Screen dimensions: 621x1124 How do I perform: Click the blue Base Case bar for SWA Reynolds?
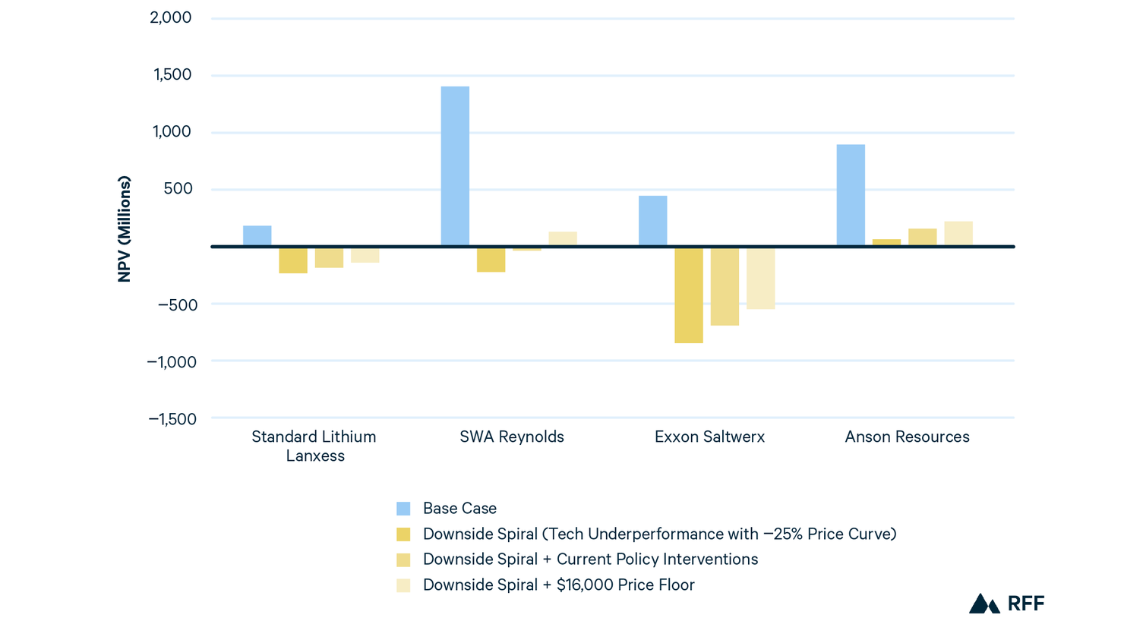pyautogui.click(x=455, y=165)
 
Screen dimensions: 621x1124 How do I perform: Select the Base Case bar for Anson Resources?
pyautogui.click(x=851, y=194)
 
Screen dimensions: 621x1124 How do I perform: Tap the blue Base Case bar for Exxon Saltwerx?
pyautogui.click(x=652, y=220)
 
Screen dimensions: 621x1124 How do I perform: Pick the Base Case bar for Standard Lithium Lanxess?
pyautogui.click(x=257, y=235)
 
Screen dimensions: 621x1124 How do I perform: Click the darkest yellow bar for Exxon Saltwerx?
pyautogui.click(x=688, y=295)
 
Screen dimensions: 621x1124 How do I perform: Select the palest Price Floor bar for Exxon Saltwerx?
pyautogui.click(x=760, y=279)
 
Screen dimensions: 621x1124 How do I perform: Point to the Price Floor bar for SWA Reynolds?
pyautogui.click(x=563, y=238)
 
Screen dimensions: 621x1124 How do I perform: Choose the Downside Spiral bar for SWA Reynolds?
pyautogui.click(x=491, y=260)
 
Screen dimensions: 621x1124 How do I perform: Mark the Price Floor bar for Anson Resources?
pyautogui.click(x=958, y=233)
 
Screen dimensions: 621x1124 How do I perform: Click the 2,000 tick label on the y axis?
pyautogui.click(x=171, y=17)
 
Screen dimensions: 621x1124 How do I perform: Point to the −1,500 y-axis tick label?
pyautogui.click(x=172, y=419)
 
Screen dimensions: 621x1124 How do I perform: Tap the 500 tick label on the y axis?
pyautogui.click(x=178, y=188)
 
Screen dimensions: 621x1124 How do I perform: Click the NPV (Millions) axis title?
pyautogui.click(x=125, y=229)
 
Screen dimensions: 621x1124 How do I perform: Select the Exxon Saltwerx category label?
pyautogui.click(x=709, y=437)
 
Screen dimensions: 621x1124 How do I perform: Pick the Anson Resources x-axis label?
pyautogui.click(x=907, y=437)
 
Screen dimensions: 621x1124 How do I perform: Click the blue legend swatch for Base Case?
pyautogui.click(x=403, y=509)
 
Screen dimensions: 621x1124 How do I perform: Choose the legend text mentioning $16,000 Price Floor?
pyautogui.click(x=558, y=585)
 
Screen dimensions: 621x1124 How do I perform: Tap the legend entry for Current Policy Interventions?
pyautogui.click(x=590, y=560)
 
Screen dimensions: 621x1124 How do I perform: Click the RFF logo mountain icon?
pyautogui.click(x=983, y=604)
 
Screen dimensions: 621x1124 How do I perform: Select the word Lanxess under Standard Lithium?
pyautogui.click(x=315, y=456)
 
